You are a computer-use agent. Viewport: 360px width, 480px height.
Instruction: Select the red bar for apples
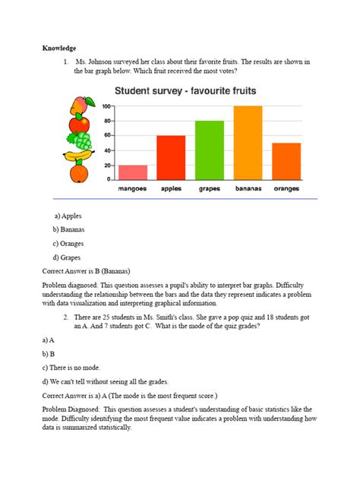[172, 157]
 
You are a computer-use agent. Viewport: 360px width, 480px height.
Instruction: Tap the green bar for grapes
[210, 150]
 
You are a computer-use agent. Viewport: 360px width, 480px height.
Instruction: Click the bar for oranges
[286, 161]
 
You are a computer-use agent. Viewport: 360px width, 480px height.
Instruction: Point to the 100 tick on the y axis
[106, 106]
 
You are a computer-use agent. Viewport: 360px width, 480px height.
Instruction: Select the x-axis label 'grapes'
[210, 190]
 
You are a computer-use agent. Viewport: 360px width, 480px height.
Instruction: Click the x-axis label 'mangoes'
[133, 190]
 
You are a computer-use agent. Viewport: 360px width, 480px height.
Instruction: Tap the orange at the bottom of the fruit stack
[78, 174]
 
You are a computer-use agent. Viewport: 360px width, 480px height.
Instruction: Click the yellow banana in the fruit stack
[78, 156]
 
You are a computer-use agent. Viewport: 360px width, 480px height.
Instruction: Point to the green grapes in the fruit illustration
[80, 141]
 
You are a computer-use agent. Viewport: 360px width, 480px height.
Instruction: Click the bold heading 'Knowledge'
[59, 48]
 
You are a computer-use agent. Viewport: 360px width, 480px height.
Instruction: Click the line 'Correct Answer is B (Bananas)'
[96, 270]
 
